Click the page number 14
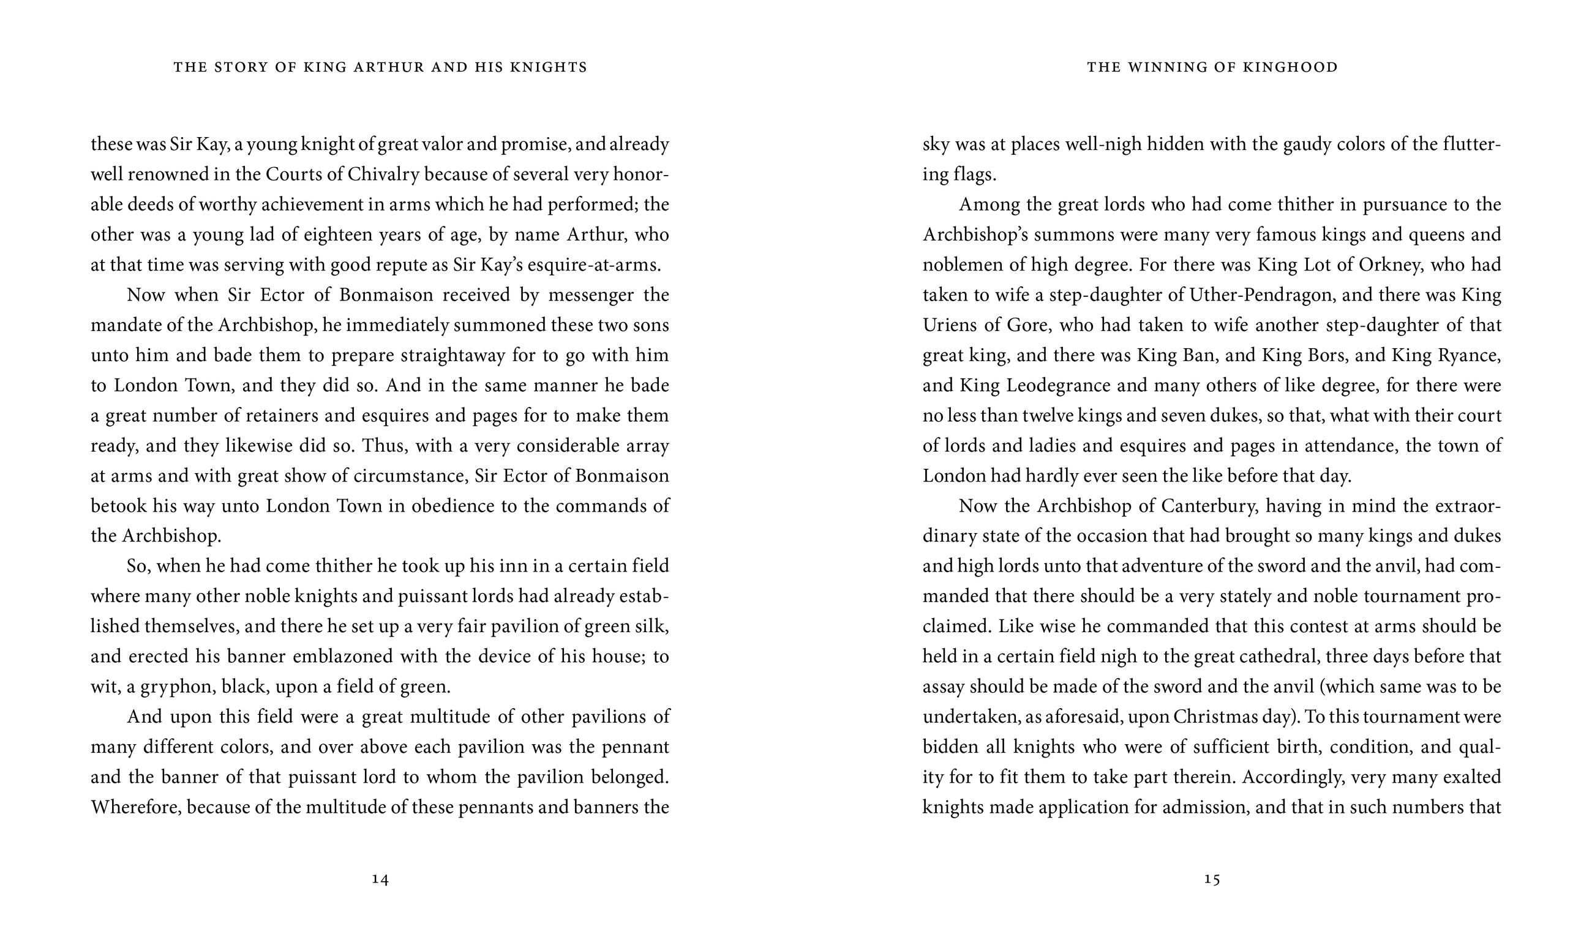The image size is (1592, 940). click(x=380, y=879)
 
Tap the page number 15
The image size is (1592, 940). click(x=1212, y=879)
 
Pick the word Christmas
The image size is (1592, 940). click(x=1214, y=717)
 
